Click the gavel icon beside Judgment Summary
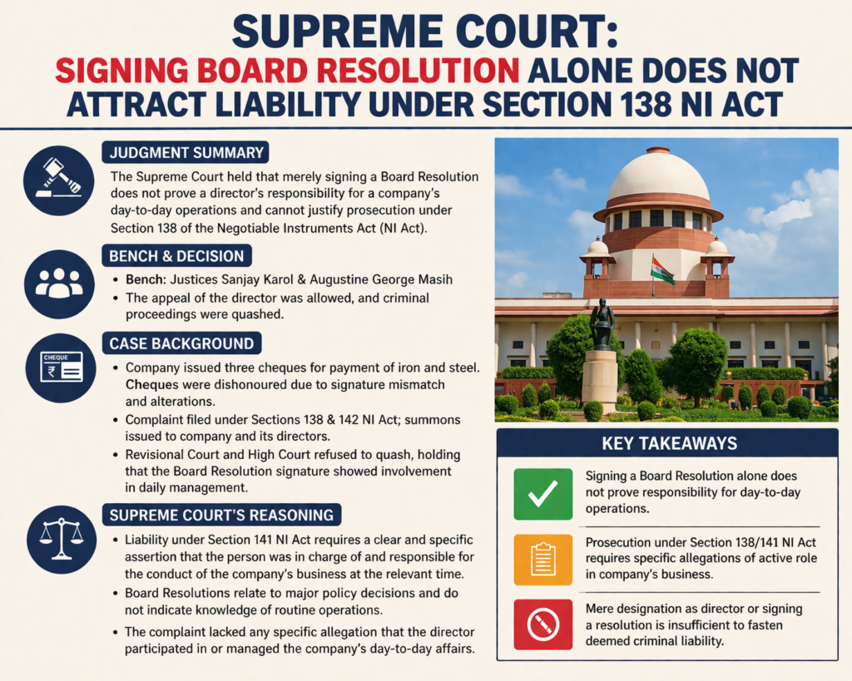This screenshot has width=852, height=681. (58, 180)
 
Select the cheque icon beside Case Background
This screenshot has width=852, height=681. (58, 367)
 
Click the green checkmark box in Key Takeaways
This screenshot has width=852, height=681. (542, 494)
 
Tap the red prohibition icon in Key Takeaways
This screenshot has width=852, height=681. (542, 624)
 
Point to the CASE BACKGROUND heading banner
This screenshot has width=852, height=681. (181, 343)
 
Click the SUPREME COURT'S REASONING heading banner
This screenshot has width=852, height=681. (221, 515)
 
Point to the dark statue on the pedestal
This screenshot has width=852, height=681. (602, 323)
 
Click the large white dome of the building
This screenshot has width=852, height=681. (658, 176)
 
